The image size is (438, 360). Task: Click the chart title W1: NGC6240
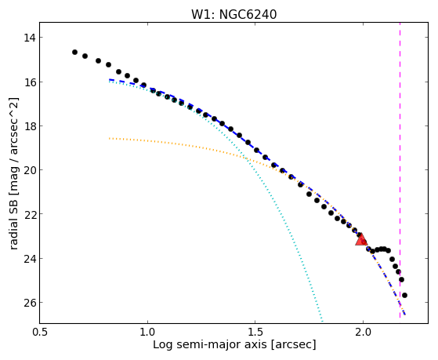coord(233,14)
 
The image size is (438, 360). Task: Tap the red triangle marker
coord(361,239)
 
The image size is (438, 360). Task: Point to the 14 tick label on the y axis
coord(29,38)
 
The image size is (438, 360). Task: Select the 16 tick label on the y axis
coord(29,82)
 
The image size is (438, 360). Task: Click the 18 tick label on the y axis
coord(29,125)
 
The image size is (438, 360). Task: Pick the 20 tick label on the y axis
coord(29,170)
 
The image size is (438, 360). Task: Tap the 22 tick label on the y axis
coord(29,214)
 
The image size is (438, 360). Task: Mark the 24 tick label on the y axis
coord(29,258)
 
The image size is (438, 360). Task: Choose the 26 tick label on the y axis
coord(29,303)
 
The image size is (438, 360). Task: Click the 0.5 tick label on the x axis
coord(40,332)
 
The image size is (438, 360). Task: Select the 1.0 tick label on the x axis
coord(147,332)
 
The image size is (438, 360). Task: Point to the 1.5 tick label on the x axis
coord(255,332)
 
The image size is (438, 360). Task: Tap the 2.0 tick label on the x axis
coord(363,332)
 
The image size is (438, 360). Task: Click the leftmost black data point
coord(74,52)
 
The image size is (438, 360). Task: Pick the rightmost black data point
coord(404,295)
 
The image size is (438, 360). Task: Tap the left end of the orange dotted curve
coord(110,138)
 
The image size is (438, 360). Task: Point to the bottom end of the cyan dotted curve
coord(322,321)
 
